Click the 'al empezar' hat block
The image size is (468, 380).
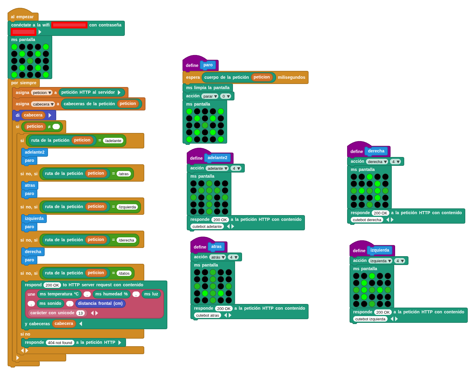point(22,17)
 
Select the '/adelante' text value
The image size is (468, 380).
point(113,141)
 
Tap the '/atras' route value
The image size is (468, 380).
point(124,174)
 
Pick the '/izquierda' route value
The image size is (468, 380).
point(127,207)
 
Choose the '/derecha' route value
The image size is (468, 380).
point(126,240)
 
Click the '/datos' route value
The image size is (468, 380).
point(124,273)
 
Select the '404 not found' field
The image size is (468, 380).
point(60,343)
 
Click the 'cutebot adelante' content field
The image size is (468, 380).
point(207,226)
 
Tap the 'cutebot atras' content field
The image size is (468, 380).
point(207,315)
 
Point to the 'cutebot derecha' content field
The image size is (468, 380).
point(367,220)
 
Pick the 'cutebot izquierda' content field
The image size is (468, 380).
point(370,319)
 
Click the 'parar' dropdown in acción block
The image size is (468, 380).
point(210,96)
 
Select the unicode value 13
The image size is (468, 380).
point(80,313)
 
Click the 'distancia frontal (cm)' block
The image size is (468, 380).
point(100,303)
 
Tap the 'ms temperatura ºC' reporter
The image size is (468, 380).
point(59,294)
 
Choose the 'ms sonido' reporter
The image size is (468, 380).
point(50,303)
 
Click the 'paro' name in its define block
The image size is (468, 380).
point(208,65)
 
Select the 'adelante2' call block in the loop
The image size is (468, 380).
point(35,152)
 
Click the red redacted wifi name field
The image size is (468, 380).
point(69,25)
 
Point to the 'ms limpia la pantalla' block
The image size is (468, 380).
point(208,88)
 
